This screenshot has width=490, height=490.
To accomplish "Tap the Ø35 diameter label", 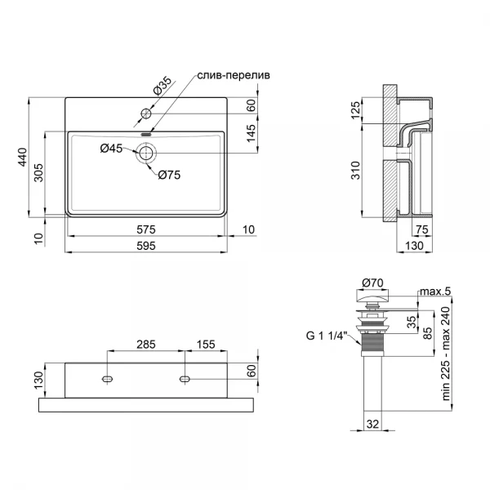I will [163, 86].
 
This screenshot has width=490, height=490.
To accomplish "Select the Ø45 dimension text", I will [111, 148].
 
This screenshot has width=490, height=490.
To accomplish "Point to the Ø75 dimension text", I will [169, 174].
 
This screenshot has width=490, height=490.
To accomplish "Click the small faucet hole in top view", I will [146, 113].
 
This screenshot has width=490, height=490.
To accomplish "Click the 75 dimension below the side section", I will [422, 229].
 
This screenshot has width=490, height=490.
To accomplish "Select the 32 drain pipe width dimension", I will [372, 424].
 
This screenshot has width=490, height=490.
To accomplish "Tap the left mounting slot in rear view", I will [108, 380].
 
